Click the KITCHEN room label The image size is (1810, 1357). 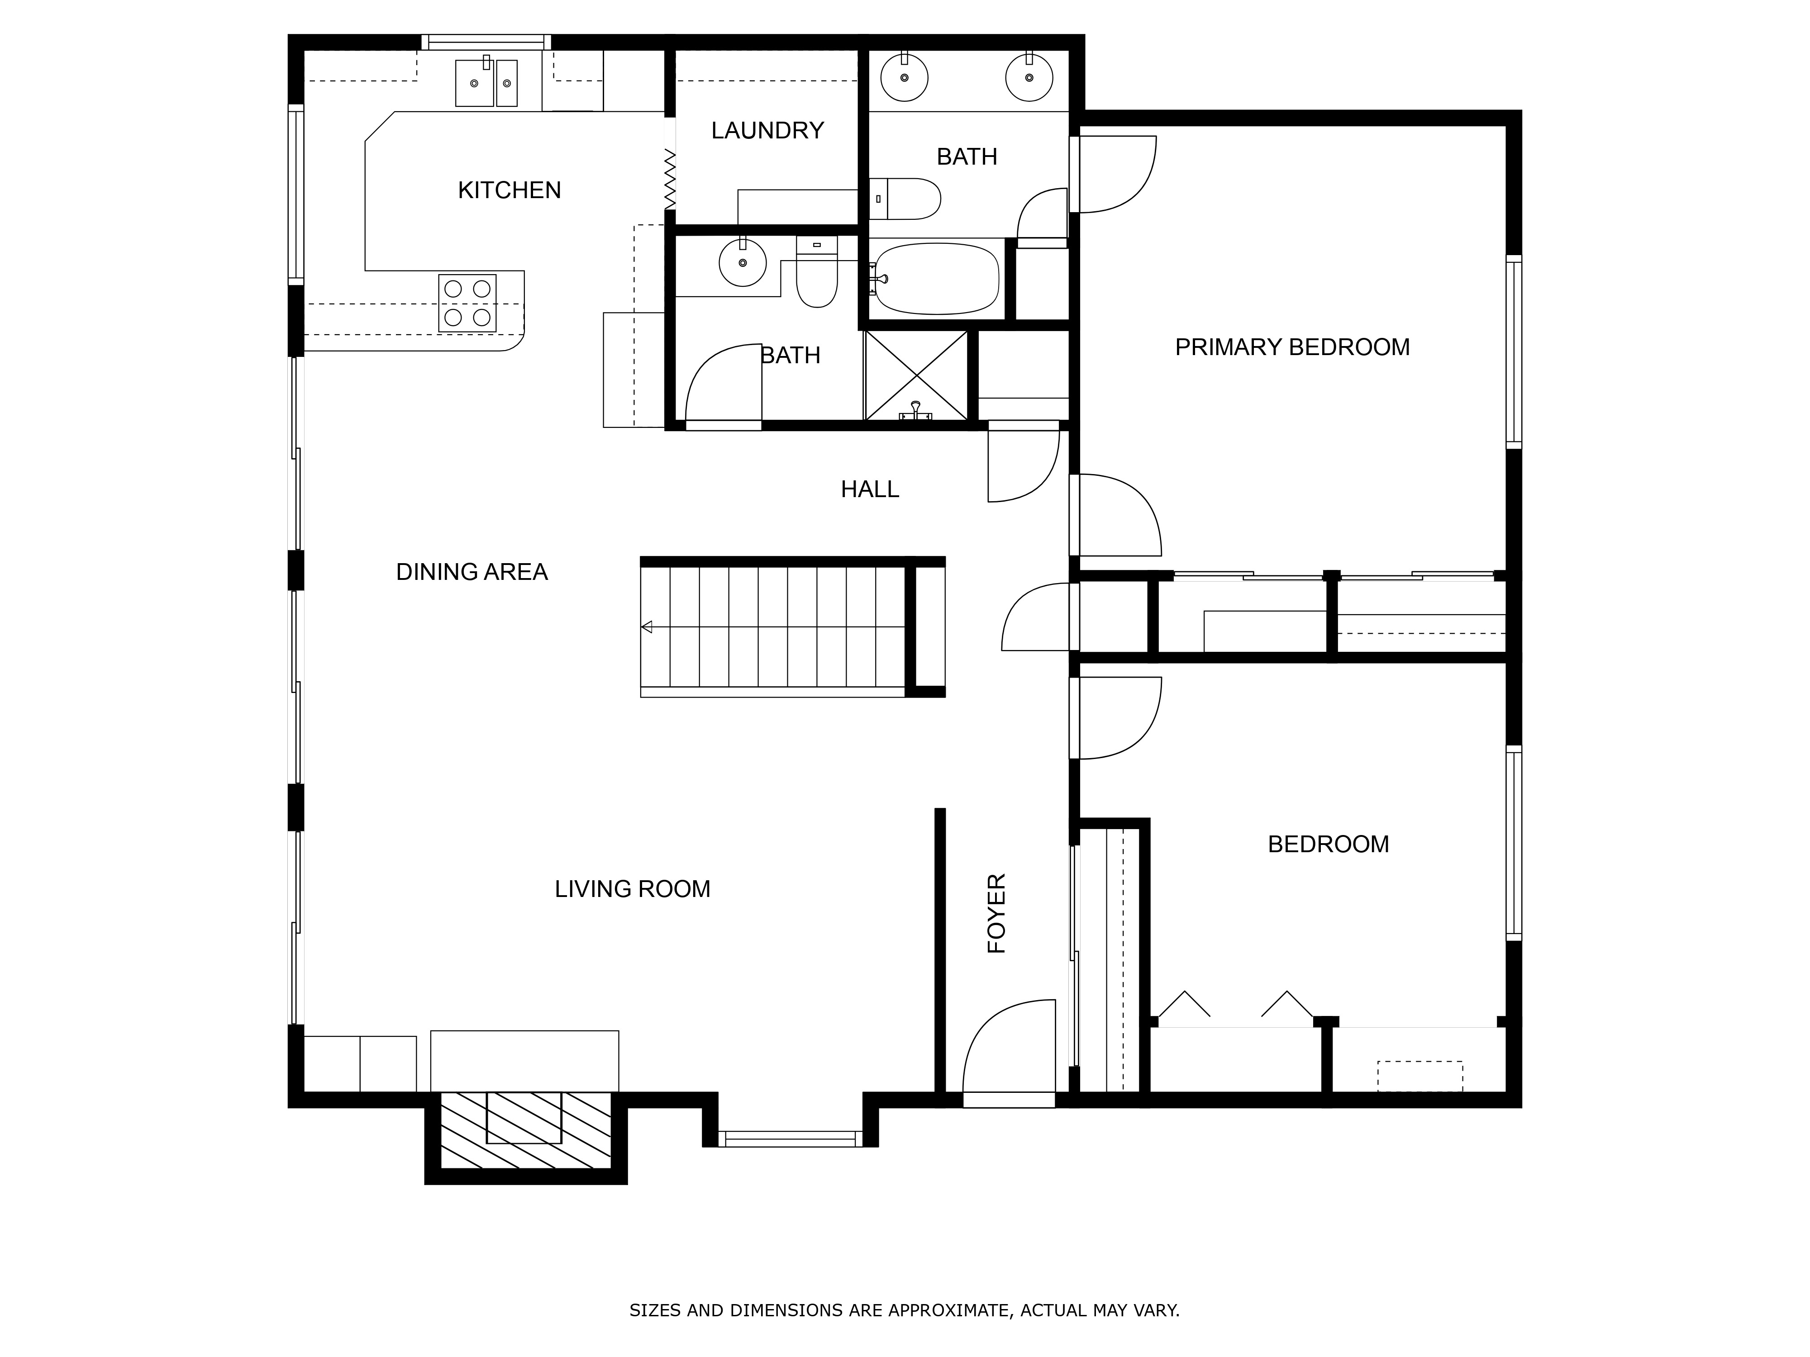[509, 190]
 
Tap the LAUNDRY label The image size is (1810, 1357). [767, 130]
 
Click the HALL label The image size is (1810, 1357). [870, 489]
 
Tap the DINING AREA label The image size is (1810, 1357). [472, 572]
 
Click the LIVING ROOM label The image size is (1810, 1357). [632, 889]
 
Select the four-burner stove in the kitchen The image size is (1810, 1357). [467, 303]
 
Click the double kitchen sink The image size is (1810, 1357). [487, 83]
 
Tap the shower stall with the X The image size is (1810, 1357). [916, 376]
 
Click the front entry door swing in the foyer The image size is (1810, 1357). [1008, 1051]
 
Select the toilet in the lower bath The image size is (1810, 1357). [817, 274]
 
